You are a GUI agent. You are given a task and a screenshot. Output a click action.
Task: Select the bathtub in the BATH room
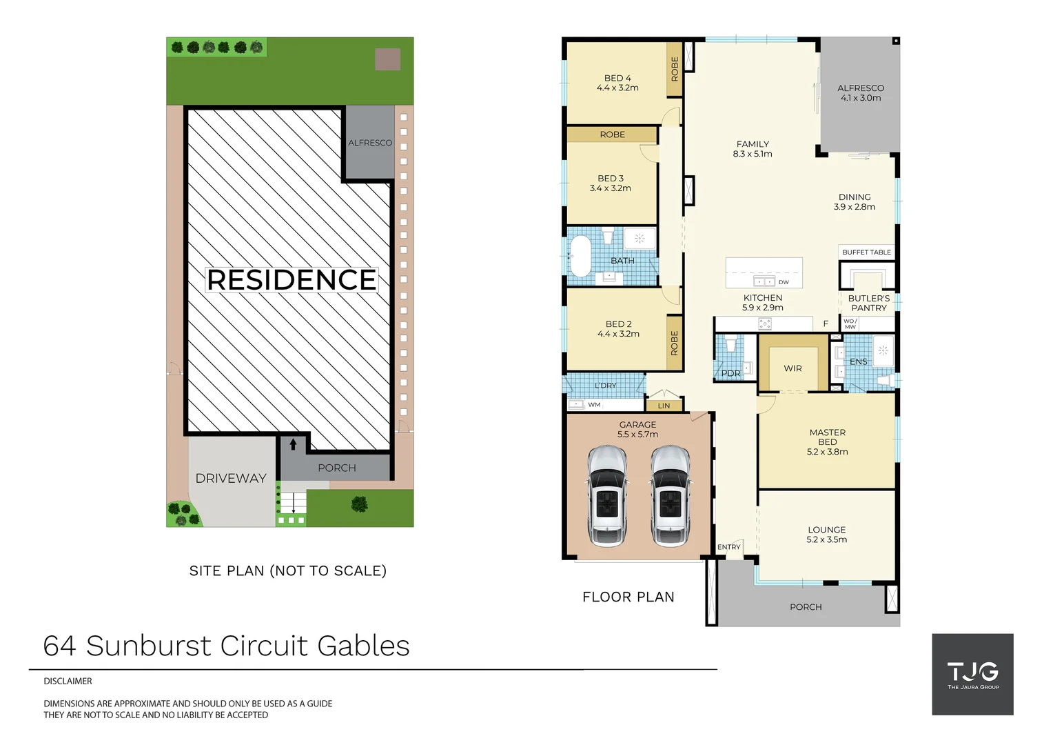coord(580,256)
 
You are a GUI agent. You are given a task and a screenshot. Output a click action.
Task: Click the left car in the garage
coord(606,495)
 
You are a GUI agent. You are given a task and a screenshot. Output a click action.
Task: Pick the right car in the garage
coord(670,495)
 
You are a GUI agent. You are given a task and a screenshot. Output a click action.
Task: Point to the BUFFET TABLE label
coord(866,252)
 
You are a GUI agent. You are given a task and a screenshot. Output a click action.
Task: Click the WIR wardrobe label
coord(793,368)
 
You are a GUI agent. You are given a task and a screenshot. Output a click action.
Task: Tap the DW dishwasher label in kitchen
coord(784,282)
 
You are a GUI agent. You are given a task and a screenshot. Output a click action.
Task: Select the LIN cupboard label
coord(664,406)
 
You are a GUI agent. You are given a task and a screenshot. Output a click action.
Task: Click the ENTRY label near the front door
coord(728,547)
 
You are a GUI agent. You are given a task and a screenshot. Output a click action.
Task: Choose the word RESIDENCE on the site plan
coord(292,280)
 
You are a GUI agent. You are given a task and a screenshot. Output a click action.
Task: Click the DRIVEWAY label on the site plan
coord(231,478)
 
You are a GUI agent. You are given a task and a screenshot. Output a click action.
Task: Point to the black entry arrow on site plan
coord(293,444)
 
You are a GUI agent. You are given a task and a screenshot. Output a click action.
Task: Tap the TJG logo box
coord(972,674)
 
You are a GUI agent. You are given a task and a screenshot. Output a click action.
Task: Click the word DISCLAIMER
coord(68,681)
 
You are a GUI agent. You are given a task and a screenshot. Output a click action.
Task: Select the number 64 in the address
coord(59,646)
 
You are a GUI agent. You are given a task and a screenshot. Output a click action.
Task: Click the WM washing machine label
coord(594,405)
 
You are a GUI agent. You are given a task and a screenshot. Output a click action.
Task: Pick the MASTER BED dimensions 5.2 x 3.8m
coord(827,452)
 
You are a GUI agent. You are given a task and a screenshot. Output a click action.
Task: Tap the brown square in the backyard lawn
coord(387,59)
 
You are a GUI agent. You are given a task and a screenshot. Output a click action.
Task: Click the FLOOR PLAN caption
coord(628,597)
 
